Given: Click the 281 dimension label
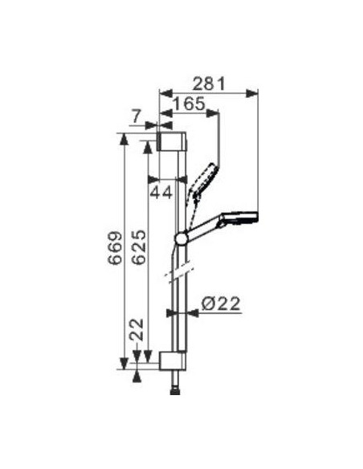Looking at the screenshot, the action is click(208, 84).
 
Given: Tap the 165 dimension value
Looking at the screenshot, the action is click(189, 104).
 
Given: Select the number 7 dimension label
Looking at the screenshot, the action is click(137, 116).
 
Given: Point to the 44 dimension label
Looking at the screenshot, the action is click(161, 192).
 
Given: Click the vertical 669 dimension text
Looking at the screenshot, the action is click(116, 247).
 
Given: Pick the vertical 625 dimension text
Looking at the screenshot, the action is click(139, 247).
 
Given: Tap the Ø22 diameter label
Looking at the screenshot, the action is click(221, 304).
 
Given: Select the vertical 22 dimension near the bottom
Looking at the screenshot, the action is click(137, 329).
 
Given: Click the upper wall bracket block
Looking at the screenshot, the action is click(172, 141).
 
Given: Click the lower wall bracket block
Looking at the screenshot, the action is click(172, 361).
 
